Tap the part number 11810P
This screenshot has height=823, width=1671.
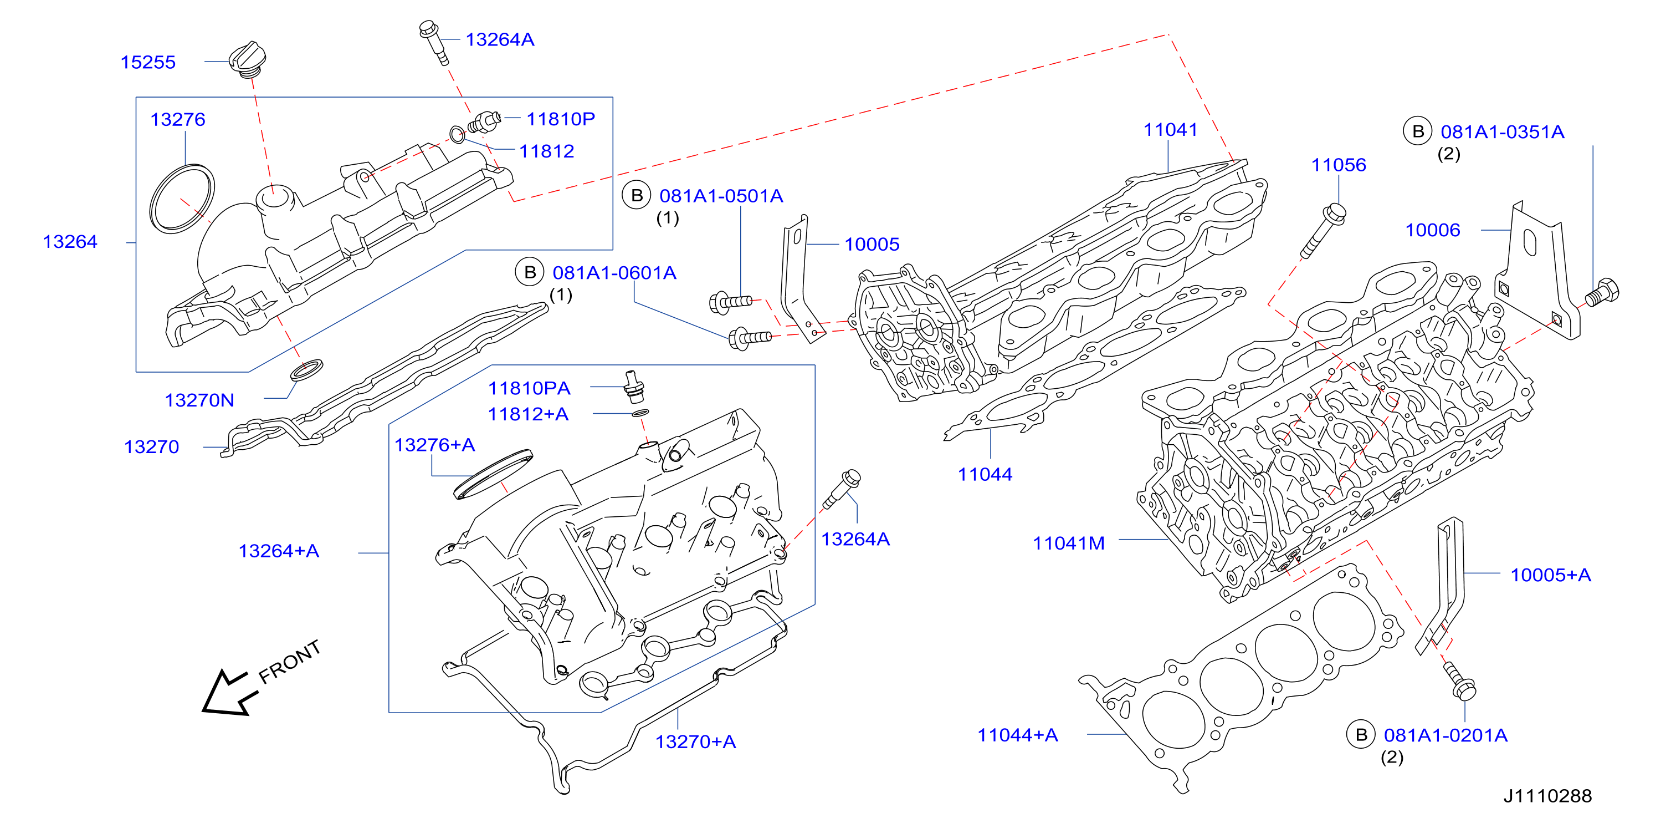[561, 119]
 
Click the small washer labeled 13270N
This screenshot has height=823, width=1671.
[306, 370]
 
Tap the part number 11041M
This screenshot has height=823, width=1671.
[1068, 543]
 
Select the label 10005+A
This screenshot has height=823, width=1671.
[1550, 575]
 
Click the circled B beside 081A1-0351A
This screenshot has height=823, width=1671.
[1418, 131]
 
